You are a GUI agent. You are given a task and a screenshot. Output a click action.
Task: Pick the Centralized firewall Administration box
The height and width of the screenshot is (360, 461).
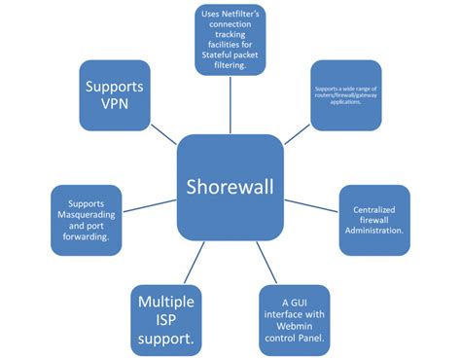pos(374,220)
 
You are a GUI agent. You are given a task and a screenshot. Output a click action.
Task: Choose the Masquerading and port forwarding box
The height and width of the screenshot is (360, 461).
pos(87,220)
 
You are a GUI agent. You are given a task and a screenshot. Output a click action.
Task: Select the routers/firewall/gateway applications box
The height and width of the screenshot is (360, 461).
pos(346,95)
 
